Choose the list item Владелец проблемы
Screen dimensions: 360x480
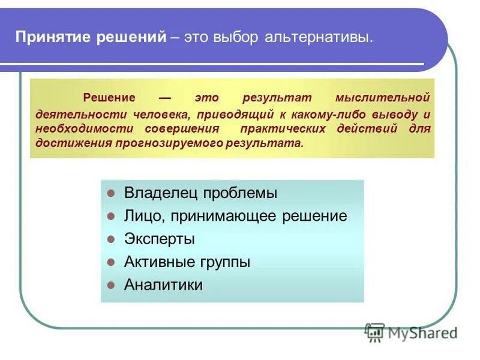pyautogui.click(x=200, y=193)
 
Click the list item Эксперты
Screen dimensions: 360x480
pyautogui.click(x=159, y=239)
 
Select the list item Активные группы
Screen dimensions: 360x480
pyautogui.click(x=187, y=262)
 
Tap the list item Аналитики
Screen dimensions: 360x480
pyautogui.click(x=163, y=285)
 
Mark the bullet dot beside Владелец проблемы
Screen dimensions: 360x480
pyautogui.click(x=110, y=194)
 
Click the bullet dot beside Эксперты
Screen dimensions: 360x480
pyautogui.click(x=110, y=239)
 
